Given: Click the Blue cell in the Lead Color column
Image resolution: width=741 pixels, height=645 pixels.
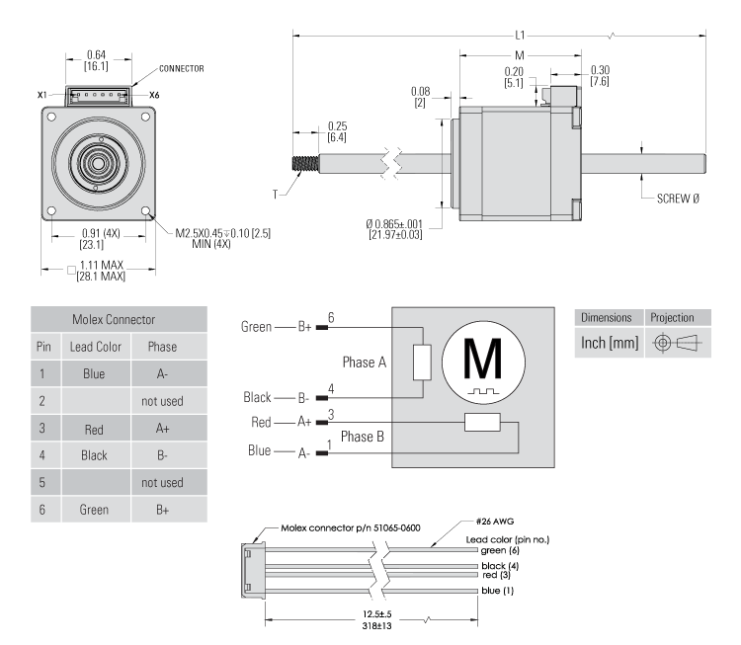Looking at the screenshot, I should click(x=101, y=375).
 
